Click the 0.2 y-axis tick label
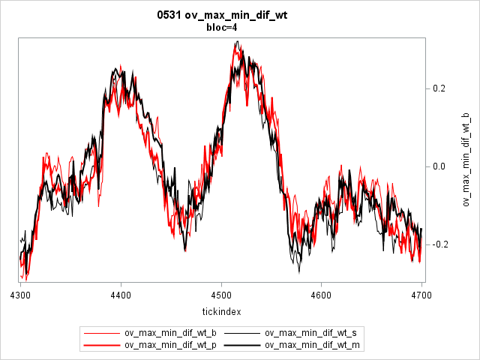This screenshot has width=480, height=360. click(440, 88)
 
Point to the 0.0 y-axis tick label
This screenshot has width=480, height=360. click(440, 166)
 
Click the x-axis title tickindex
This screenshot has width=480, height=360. click(221, 310)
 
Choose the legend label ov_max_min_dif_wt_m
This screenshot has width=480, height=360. click(313, 345)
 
